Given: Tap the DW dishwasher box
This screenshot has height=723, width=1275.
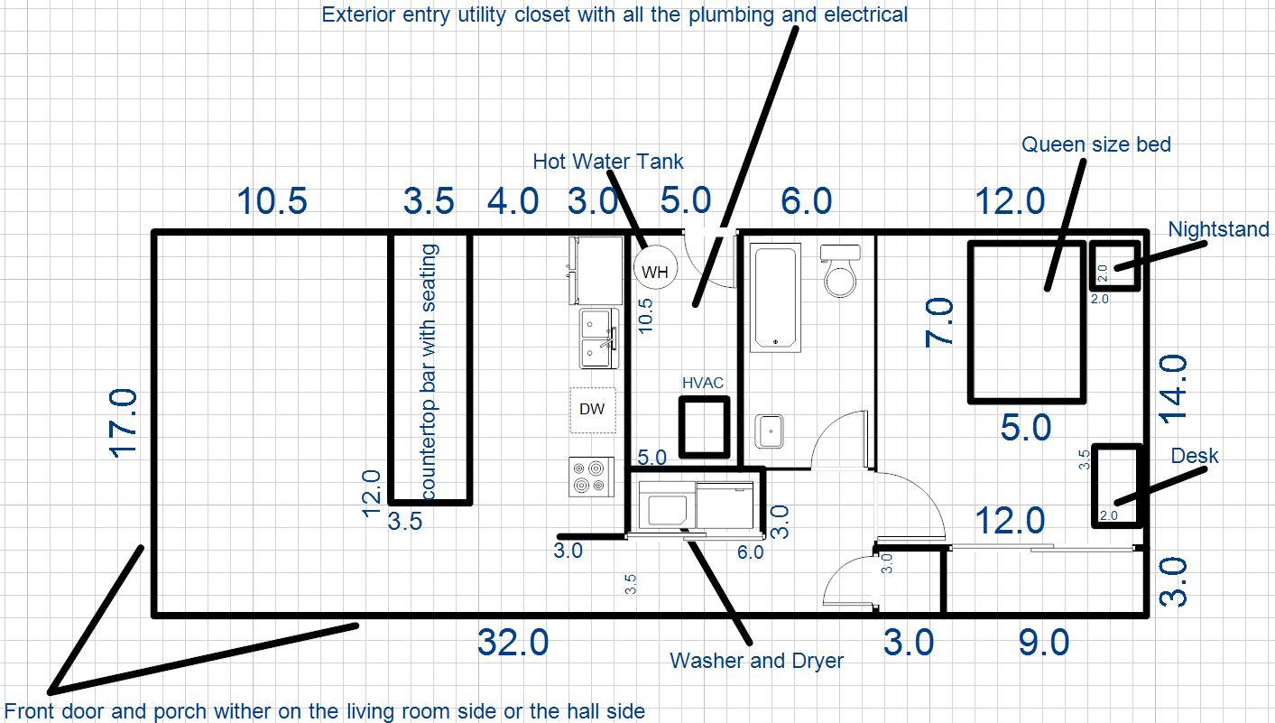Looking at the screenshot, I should tap(592, 409).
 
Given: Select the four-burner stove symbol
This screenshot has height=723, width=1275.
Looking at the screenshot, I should tap(591, 476).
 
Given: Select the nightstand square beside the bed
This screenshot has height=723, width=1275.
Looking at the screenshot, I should tap(1115, 265).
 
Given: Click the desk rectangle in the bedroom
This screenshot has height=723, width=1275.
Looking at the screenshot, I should tap(1117, 485).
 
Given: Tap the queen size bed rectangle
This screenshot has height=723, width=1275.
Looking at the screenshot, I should tap(1026, 321).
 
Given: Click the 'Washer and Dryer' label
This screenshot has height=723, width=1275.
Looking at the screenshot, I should tap(756, 661).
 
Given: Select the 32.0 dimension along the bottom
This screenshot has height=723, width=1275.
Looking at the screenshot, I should tap(513, 643).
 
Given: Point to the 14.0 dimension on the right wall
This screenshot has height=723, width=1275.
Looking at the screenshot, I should tap(1172, 387).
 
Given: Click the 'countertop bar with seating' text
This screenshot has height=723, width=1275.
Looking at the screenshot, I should tap(430, 371).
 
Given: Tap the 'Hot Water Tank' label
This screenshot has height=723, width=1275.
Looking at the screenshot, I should tap(607, 162).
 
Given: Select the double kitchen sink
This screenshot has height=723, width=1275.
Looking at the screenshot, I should tap(597, 338).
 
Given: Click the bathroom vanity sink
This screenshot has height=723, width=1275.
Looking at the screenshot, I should tap(770, 431).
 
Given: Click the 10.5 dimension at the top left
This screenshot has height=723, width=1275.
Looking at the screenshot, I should tap(272, 201).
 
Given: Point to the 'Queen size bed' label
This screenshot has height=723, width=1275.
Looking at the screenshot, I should tap(1095, 144).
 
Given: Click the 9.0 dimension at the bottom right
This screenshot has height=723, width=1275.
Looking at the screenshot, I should tap(1043, 643).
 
